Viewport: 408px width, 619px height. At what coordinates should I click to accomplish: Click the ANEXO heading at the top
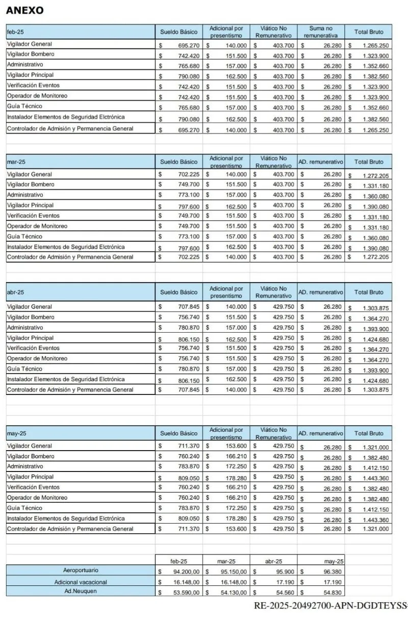point(24,10)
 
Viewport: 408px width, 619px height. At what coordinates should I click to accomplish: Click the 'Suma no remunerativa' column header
point(321,32)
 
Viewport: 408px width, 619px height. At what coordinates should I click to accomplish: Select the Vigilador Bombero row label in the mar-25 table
point(31,184)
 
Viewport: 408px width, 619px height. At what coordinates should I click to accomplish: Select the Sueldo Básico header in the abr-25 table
point(178,292)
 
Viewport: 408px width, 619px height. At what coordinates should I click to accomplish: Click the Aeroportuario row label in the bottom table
point(81,570)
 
